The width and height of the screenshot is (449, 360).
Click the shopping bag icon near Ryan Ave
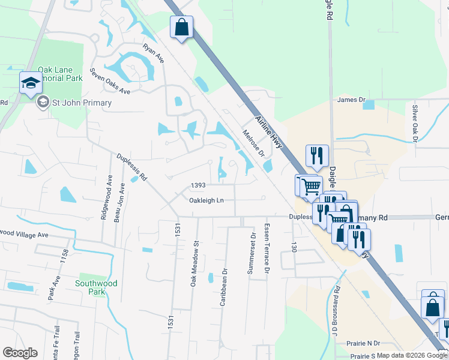pos(181,28)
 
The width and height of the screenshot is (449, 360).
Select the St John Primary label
pos(73,103)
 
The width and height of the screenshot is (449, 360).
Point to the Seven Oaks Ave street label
pos(110,80)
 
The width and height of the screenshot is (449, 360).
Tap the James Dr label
pos(351,100)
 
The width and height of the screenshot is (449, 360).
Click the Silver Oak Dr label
pos(414,123)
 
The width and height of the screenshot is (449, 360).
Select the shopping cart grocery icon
pos(310,186)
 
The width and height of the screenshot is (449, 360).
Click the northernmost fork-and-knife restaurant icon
pos(317,156)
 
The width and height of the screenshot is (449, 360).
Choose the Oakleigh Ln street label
pos(206,200)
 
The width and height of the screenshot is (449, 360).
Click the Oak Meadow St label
pos(194,264)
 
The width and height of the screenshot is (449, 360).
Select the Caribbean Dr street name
pos(223,287)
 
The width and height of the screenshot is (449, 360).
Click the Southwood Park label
pos(96,287)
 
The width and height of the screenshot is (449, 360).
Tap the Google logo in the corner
pos(20,353)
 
